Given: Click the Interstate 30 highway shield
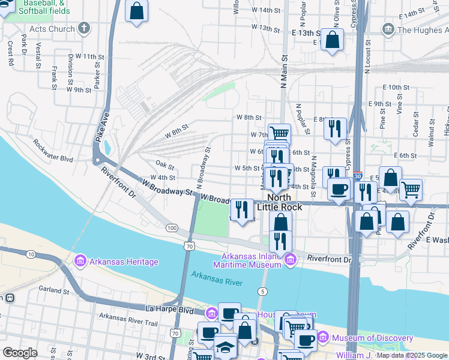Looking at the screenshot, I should (x=358, y=176).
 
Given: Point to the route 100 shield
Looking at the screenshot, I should (x=172, y=228).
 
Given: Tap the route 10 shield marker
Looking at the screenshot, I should (x=30, y=255).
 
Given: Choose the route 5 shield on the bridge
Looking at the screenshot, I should (x=262, y=291).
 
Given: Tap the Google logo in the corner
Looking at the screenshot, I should (x=20, y=353).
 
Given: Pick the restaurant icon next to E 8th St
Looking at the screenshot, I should (x=335, y=128).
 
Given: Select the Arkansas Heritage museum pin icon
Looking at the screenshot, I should (x=80, y=262).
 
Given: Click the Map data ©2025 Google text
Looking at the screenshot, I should (x=411, y=355).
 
